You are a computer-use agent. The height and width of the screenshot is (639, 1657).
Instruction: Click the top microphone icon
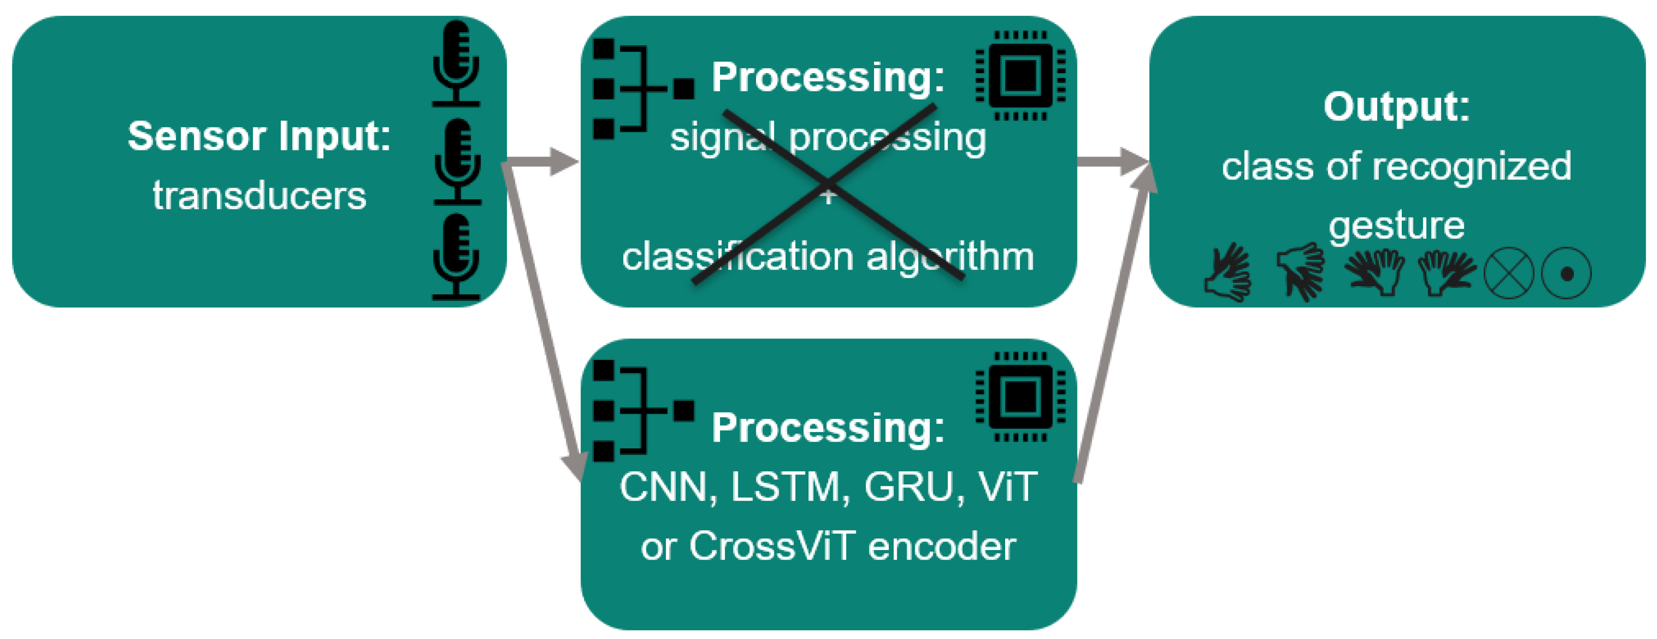[456, 63]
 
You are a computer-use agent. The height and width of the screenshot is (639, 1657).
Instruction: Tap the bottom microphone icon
[456, 257]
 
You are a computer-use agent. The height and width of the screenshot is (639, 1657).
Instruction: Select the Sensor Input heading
[259, 136]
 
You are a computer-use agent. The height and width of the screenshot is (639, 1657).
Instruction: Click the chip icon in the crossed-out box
[1020, 75]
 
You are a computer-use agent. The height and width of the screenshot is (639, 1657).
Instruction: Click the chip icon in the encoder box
[1020, 397]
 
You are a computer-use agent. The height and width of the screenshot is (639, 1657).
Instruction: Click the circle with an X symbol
[1509, 273]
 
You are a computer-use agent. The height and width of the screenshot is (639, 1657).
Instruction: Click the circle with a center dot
[1567, 273]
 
